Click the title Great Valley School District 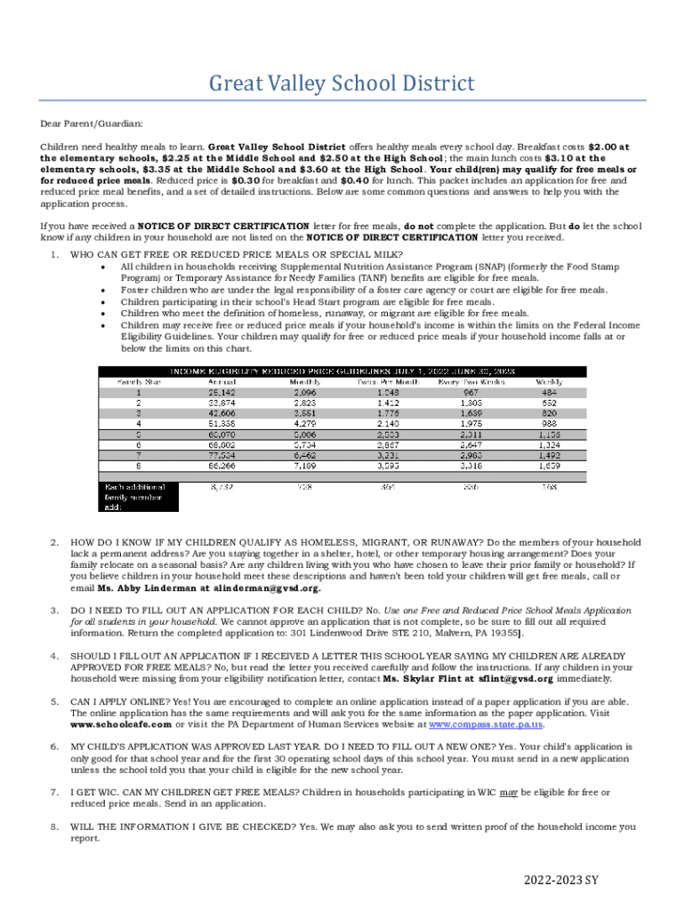pos(342,84)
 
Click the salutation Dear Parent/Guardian pos(91,124)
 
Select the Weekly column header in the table pos(549,381)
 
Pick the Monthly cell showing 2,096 pos(304,392)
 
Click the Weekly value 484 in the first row pos(549,392)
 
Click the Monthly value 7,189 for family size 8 pos(304,465)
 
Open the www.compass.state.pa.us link pos(486,724)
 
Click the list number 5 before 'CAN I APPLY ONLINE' pos(54,701)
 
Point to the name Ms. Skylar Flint pos(420,679)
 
